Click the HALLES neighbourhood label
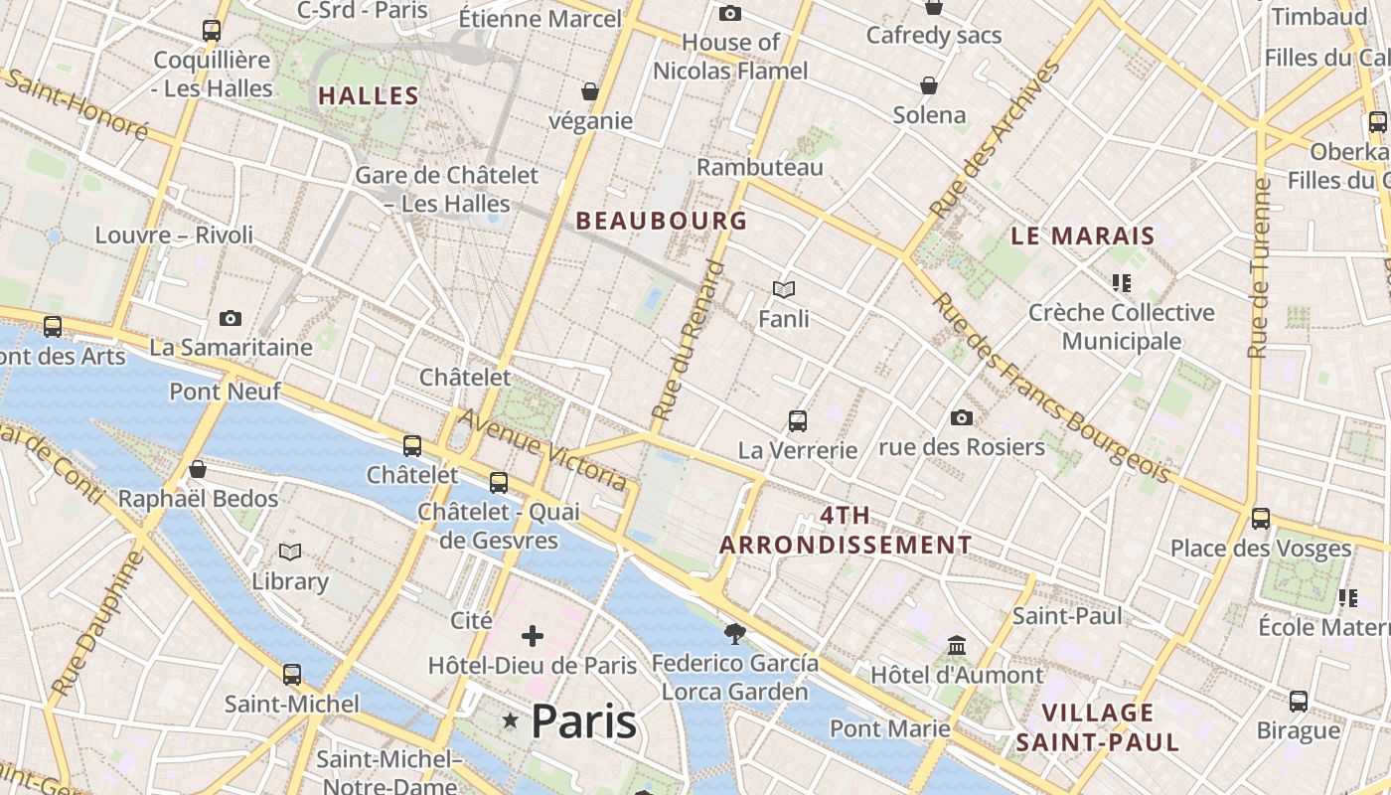point(368,96)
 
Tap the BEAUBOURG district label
point(661,221)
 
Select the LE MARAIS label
point(1083,237)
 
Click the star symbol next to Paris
point(511,719)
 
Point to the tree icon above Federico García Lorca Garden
point(735,633)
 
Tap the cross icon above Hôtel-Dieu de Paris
point(533,635)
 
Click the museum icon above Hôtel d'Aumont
point(957,646)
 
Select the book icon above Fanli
point(784,289)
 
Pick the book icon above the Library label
point(290,552)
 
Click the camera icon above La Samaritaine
point(231,318)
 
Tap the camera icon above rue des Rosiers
point(961,417)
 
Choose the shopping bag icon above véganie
point(590,91)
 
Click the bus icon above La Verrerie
point(797,420)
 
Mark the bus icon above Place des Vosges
point(1261,518)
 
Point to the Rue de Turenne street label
point(1260,268)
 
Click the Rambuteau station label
point(760,167)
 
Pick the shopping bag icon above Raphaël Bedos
point(198,469)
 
